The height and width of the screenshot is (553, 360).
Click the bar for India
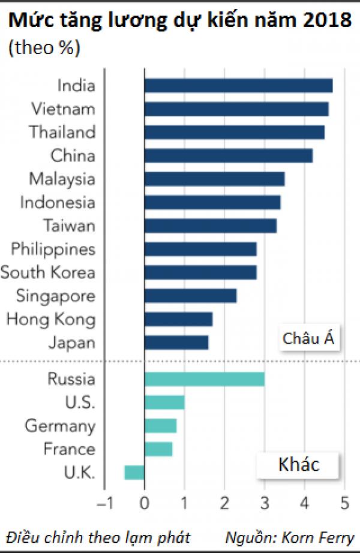[x=238, y=86]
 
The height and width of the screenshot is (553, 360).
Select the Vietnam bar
[x=236, y=109]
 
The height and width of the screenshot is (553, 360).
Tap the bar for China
[x=229, y=156]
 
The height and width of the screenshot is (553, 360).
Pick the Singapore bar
[x=190, y=296]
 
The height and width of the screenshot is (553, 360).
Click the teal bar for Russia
[x=205, y=379]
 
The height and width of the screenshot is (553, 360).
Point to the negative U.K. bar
[x=134, y=472]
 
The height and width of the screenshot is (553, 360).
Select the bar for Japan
[x=176, y=342]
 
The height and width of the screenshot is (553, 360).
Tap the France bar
[x=158, y=449]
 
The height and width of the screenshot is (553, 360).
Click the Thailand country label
[x=63, y=132]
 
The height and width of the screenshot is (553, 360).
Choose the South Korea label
[x=48, y=272]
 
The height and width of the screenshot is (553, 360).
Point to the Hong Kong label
[x=51, y=319]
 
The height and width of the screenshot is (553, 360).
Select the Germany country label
[x=60, y=426]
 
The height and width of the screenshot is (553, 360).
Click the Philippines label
[x=53, y=249]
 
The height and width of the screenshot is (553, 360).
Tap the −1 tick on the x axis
[x=104, y=501]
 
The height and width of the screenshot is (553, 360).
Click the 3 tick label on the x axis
[x=265, y=501]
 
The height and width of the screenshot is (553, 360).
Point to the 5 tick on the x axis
[x=344, y=501]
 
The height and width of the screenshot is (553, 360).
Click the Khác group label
[x=299, y=464]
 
